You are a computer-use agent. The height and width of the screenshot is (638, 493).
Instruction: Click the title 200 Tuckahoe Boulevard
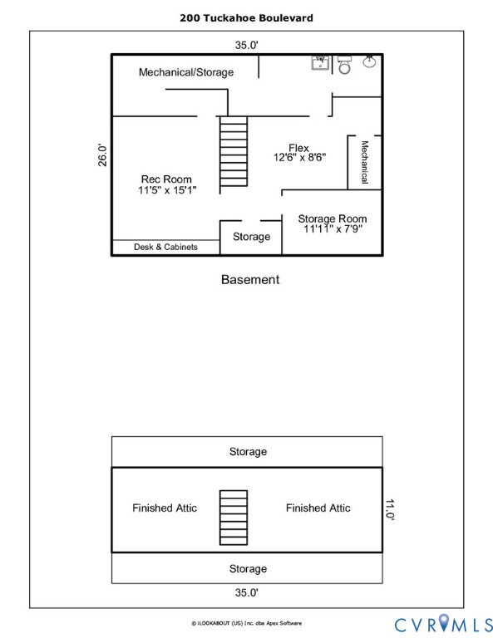tap(246, 18)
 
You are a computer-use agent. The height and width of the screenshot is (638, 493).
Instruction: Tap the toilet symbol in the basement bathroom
tap(344, 65)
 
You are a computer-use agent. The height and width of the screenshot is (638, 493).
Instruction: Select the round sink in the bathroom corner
tap(369, 61)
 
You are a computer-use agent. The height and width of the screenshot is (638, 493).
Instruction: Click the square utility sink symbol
tap(320, 63)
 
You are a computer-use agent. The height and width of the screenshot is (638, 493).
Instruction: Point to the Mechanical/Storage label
tap(186, 72)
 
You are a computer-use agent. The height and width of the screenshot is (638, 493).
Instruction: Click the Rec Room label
tap(166, 179)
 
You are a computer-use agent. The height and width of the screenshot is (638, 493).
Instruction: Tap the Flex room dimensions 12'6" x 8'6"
tap(299, 158)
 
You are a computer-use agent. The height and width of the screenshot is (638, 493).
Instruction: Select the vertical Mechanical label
tap(365, 162)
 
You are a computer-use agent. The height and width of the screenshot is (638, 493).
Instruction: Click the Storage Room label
tap(333, 218)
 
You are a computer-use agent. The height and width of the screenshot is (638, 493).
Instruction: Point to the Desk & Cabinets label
tap(165, 247)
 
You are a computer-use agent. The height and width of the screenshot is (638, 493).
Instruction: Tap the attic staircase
tap(234, 518)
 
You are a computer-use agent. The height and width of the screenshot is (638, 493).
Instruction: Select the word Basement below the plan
tap(250, 279)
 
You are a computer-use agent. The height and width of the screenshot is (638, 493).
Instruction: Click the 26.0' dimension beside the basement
tap(102, 155)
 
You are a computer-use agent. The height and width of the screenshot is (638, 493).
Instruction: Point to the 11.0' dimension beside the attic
tap(390, 509)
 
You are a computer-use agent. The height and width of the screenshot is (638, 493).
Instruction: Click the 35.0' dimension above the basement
tap(246, 45)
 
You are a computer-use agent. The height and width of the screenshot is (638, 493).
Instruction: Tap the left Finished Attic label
tap(165, 508)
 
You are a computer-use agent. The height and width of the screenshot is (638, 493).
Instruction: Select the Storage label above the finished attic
tap(248, 452)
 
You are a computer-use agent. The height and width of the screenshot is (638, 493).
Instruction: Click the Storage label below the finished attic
tap(248, 569)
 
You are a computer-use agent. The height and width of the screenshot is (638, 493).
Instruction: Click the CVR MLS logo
tap(443, 624)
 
